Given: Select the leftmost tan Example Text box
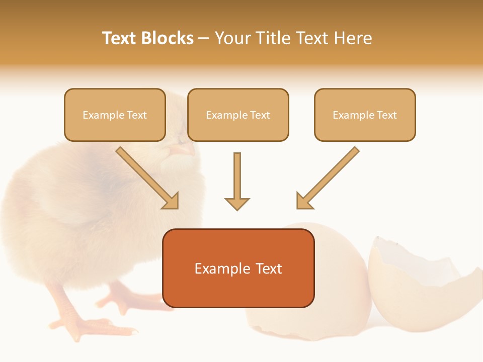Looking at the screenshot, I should pyautogui.click(x=115, y=115).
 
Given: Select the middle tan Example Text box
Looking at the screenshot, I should pyautogui.click(x=238, y=115).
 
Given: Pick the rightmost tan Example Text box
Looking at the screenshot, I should pyautogui.click(x=365, y=115).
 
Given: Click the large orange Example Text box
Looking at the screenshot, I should pyautogui.click(x=238, y=268).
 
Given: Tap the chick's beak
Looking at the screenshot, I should pyautogui.click(x=184, y=149).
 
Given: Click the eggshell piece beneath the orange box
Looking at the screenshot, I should pyautogui.click(x=302, y=322).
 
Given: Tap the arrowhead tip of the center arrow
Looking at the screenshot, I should pyautogui.click(x=237, y=208).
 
